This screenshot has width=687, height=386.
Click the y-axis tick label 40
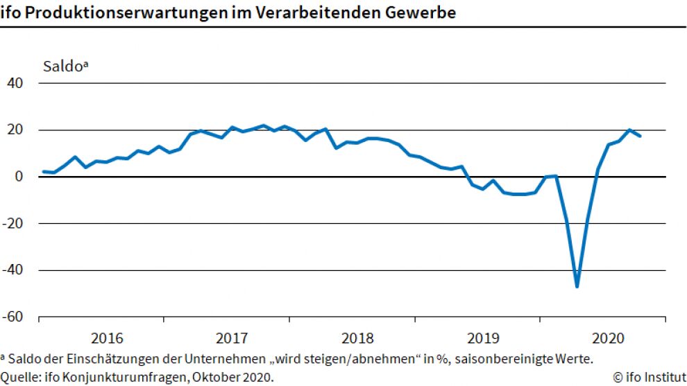pyautogui.click(x=16, y=83)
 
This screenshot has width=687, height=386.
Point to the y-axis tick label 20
pyautogui.click(x=16, y=130)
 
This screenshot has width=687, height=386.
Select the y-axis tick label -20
pyautogui.click(x=14, y=224)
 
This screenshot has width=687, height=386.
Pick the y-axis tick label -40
pyautogui.click(x=14, y=270)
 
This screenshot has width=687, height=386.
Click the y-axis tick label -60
pyautogui.click(x=14, y=317)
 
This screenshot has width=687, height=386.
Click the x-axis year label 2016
pyautogui.click(x=107, y=339)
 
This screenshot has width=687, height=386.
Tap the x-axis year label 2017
pyautogui.click(x=232, y=339)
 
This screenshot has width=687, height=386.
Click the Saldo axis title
pyautogui.click(x=66, y=67)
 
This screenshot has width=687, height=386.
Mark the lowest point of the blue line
pyautogui.click(x=577, y=286)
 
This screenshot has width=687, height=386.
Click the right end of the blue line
pyautogui.click(x=640, y=136)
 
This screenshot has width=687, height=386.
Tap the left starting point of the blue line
pyautogui.click(x=44, y=171)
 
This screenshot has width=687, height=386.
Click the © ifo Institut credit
pyautogui.click(x=650, y=377)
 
